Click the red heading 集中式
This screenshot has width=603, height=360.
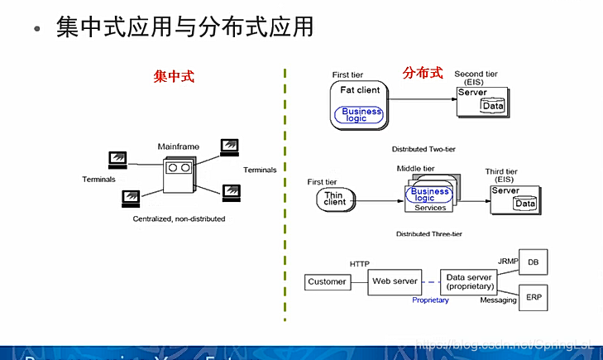point(174,76)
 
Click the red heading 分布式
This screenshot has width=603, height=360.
point(423,73)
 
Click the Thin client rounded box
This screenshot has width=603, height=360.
point(335,199)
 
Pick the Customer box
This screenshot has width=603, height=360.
point(327,282)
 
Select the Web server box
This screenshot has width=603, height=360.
point(395,282)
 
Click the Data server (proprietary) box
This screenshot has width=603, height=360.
point(470,282)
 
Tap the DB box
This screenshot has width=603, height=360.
point(533,263)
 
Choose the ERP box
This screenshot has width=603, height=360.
point(533,296)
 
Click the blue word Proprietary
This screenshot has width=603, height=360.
point(430,300)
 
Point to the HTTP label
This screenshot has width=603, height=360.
point(360,264)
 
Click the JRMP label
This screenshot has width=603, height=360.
point(507,261)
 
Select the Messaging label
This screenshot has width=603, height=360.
point(499,300)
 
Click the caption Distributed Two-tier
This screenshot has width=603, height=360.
point(424,150)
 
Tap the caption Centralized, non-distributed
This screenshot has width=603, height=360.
point(179,219)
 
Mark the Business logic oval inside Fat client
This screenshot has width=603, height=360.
point(360,115)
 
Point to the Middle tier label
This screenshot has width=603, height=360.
point(416,168)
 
